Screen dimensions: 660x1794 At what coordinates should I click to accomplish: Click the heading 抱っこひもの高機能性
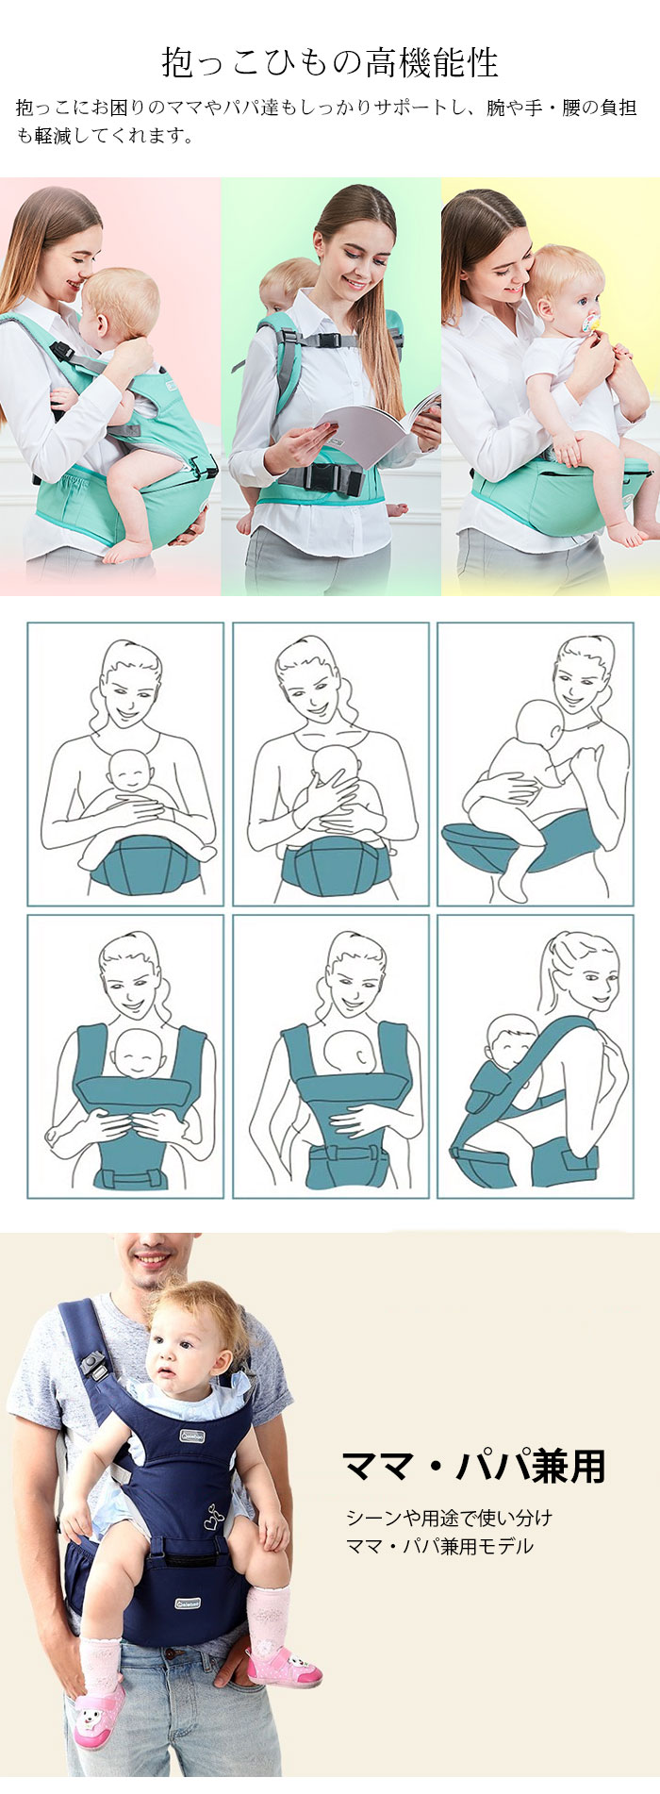329,62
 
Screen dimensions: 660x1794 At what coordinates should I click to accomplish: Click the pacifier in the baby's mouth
590,324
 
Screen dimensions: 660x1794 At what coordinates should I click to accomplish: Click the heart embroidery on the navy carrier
214,1518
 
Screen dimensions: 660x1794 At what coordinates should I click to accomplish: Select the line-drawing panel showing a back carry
536,1056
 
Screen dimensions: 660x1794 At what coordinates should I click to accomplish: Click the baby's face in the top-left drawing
129,772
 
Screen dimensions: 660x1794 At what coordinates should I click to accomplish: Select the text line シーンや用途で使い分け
449,1518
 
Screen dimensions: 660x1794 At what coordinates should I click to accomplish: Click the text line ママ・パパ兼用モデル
439,1546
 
